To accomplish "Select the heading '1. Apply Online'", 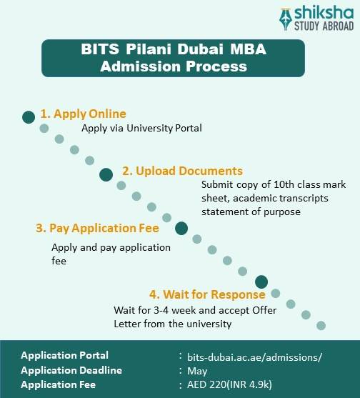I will pyautogui.click(x=83, y=114).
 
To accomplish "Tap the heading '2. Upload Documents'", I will pyautogui.click(x=182, y=171).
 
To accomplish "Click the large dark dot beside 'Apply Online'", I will pyautogui.click(x=29, y=116).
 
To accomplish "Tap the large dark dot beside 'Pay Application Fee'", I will pyautogui.click(x=181, y=229).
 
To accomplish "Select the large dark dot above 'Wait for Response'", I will pyautogui.click(x=261, y=282).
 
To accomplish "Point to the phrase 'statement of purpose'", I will pyautogui.click(x=251, y=212).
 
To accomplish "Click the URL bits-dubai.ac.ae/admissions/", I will pyautogui.click(x=254, y=356).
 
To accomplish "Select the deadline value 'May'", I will pyautogui.click(x=197, y=370).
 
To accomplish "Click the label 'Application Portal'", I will pyautogui.click(x=65, y=355).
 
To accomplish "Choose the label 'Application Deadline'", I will pyautogui.click(x=71, y=370).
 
